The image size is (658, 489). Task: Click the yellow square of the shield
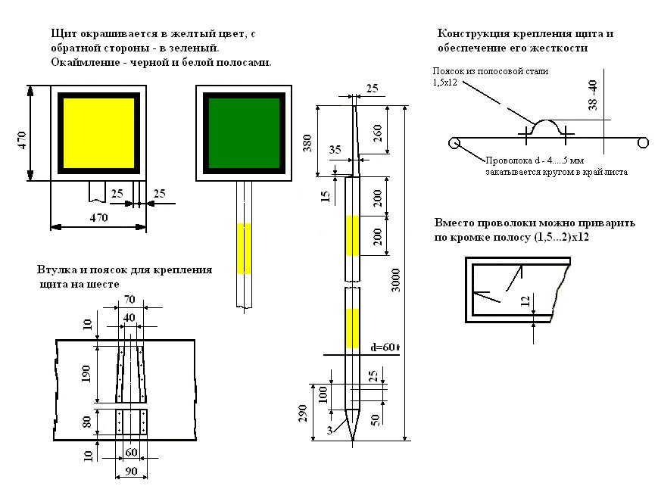(95, 133)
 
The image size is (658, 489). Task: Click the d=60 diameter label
(385, 347)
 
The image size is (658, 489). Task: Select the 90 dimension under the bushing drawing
(129, 472)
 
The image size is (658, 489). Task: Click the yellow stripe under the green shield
(243, 248)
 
